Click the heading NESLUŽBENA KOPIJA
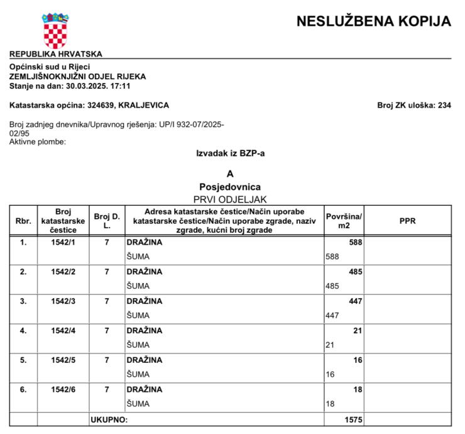(373, 21)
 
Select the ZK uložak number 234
(444, 105)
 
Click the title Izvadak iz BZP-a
(231, 153)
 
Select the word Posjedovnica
(230, 187)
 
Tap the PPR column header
(408, 221)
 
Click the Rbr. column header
(23, 221)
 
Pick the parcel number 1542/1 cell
(62, 242)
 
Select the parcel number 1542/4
(62, 331)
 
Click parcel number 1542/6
(62, 389)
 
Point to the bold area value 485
(356, 272)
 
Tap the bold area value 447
(356, 301)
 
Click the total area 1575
(354, 419)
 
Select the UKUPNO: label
(109, 419)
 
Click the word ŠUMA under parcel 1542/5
(138, 374)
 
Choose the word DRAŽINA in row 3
(144, 301)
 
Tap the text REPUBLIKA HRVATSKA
(56, 54)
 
